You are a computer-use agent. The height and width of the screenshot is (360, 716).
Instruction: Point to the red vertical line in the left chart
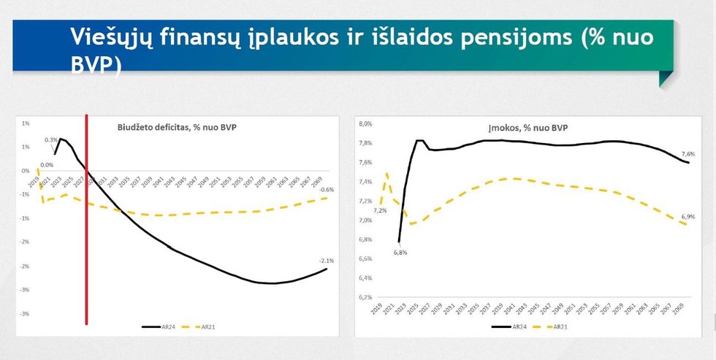click(87, 219)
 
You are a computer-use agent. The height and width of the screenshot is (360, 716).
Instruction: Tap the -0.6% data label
click(328, 190)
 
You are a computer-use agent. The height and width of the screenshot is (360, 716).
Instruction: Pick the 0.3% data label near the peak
click(50, 139)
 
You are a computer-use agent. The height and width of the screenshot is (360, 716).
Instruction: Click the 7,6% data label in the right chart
click(688, 154)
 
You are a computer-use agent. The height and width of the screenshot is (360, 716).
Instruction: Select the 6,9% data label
click(688, 217)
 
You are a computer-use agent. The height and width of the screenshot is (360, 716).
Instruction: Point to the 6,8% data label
click(400, 252)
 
